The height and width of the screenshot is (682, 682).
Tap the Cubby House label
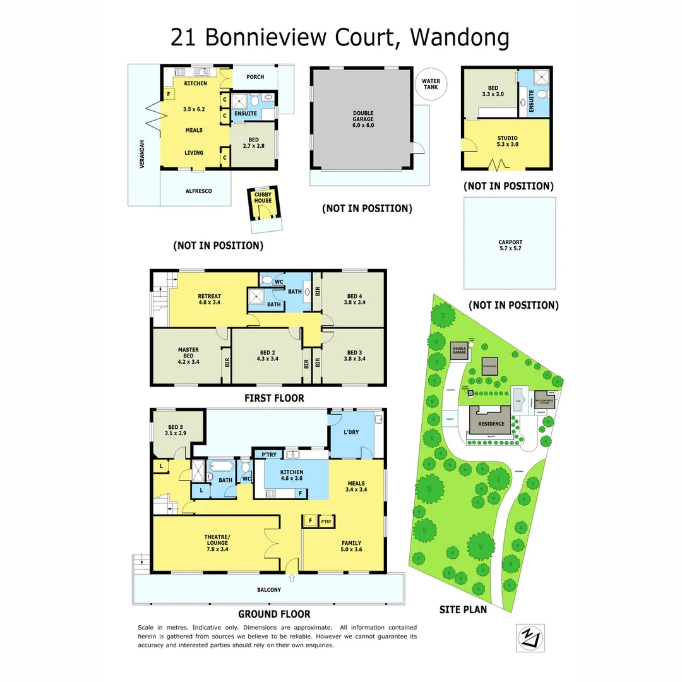click(x=263, y=197)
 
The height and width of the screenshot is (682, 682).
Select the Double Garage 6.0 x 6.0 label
click(x=363, y=120)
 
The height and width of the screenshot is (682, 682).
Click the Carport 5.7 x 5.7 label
click(x=510, y=245)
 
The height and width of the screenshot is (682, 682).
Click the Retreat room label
click(x=209, y=299)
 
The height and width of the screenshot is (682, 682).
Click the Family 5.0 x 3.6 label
click(x=352, y=546)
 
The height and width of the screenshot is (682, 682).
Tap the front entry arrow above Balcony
click(x=291, y=577)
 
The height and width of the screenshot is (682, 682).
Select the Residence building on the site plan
click(x=491, y=423)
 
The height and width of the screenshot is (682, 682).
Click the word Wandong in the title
click(x=459, y=38)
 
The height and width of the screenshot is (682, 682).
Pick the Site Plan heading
click(x=463, y=609)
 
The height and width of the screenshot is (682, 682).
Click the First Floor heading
click(x=274, y=398)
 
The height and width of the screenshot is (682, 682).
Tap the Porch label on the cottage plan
click(x=255, y=77)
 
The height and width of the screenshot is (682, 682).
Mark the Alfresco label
click(x=198, y=191)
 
